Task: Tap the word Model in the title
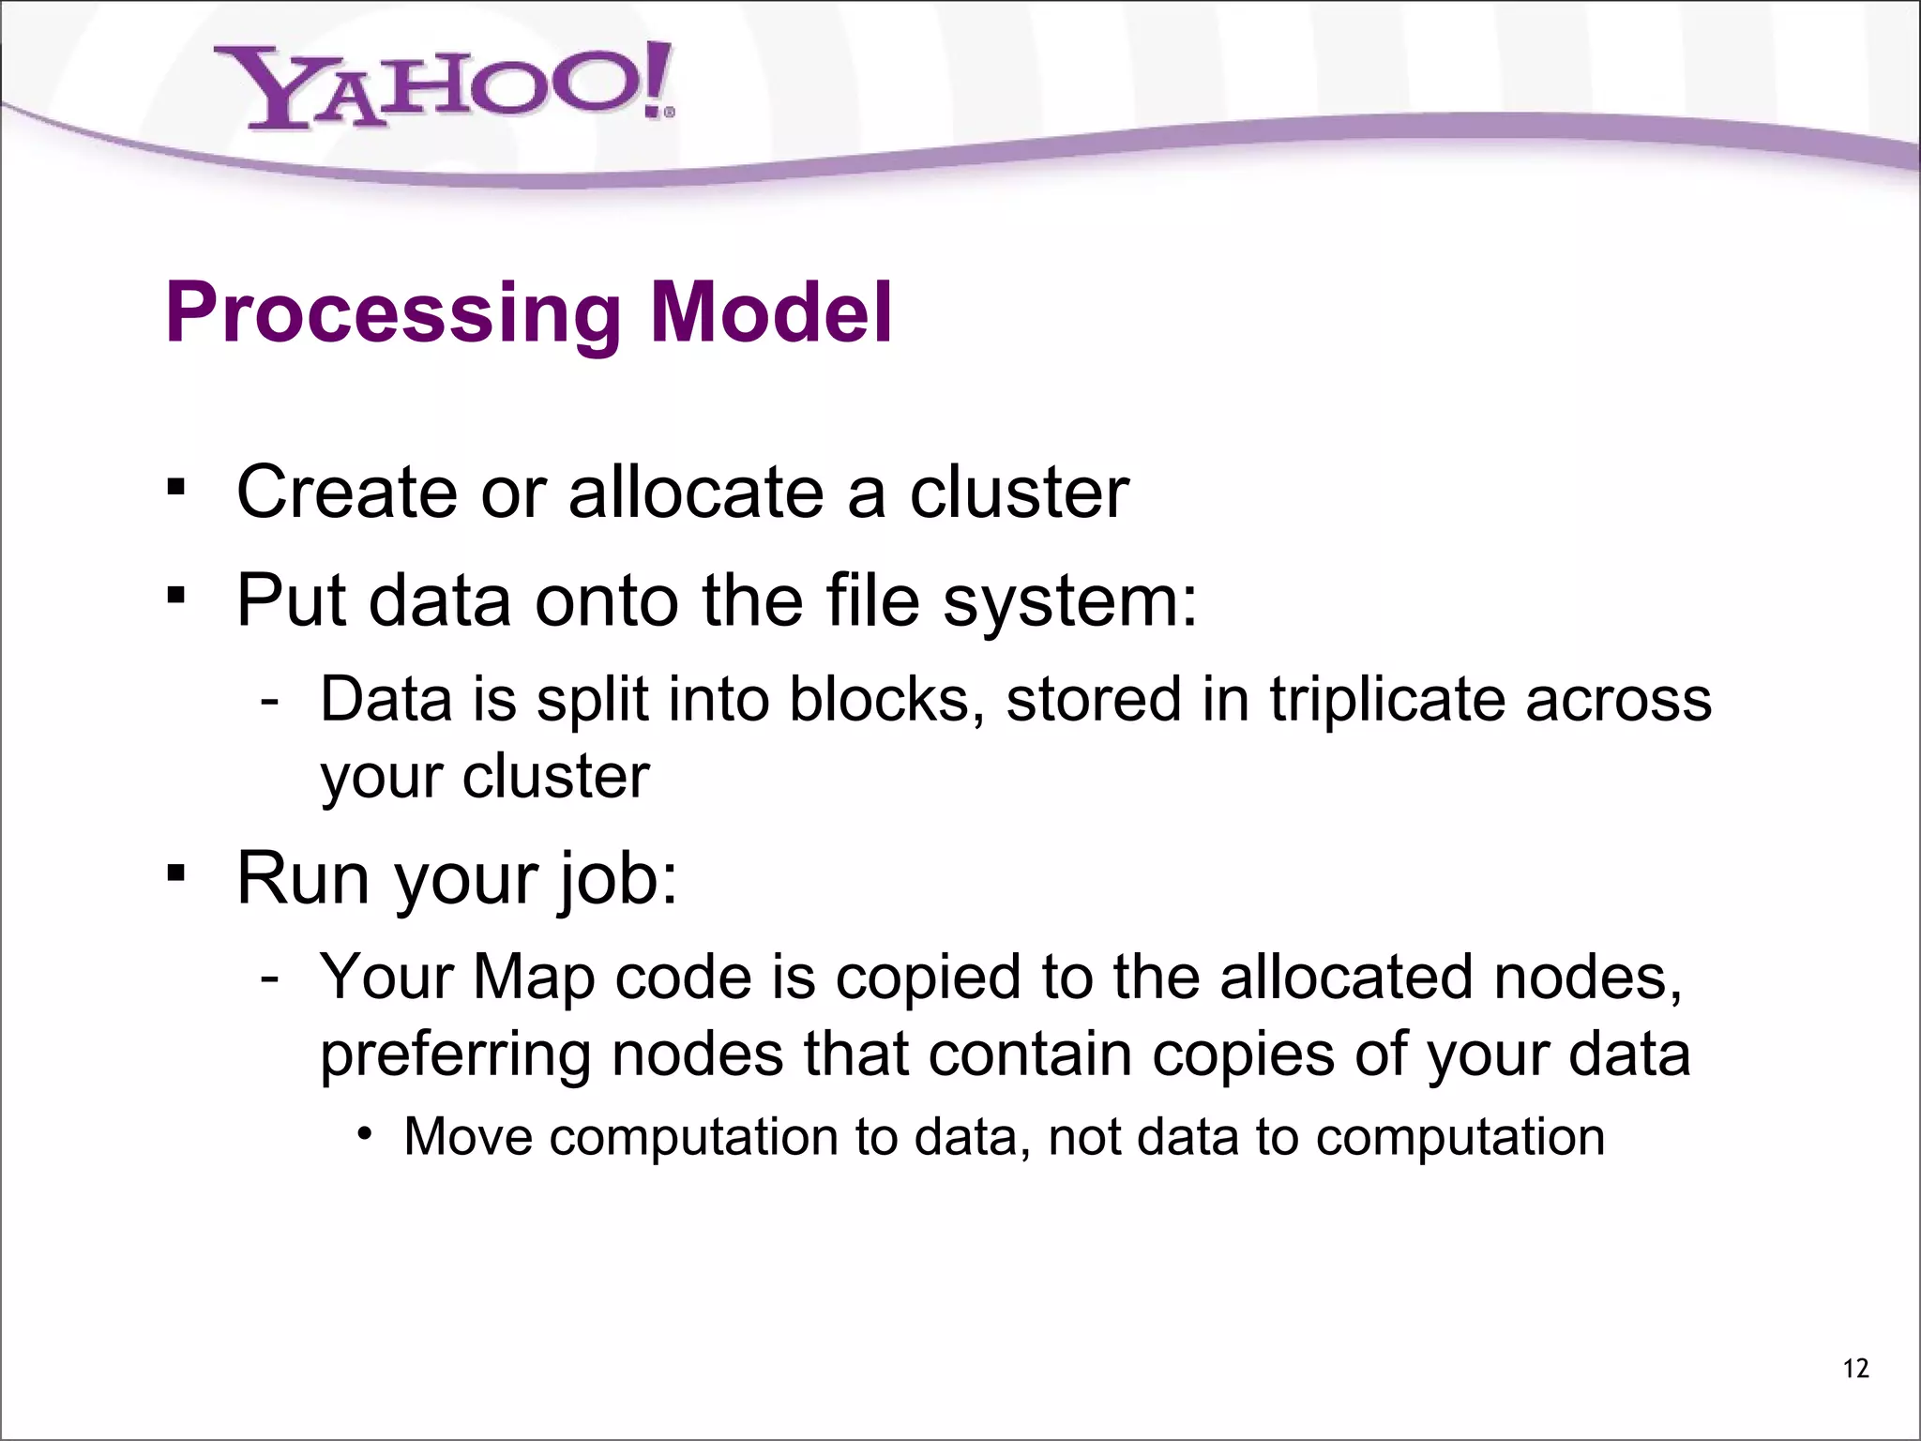[771, 312]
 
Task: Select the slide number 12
[1855, 1369]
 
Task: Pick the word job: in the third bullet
[616, 880]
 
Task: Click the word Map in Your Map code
[534, 978]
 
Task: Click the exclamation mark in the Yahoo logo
[659, 80]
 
